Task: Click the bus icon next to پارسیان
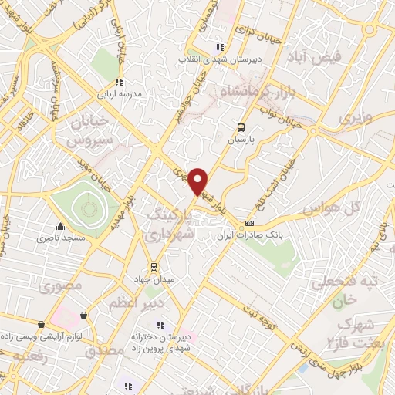coord(242,128)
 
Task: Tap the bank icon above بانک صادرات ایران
coord(248,224)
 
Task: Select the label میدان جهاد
coord(154,279)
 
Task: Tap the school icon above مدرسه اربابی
coord(118,82)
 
